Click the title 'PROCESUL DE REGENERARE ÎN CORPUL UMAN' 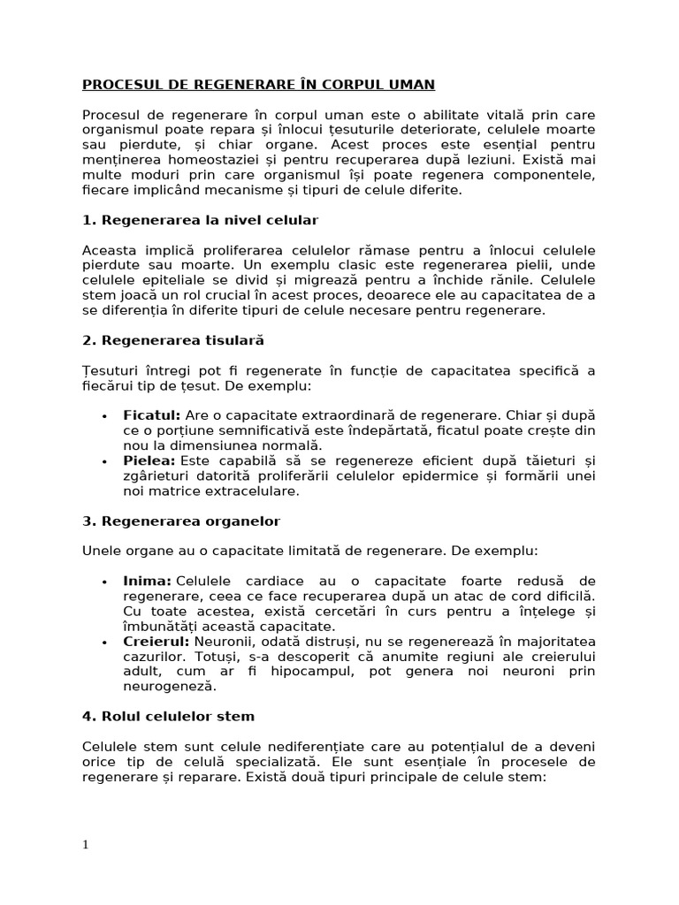pos(258,85)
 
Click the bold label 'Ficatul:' pos(152,414)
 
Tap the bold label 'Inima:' pos(147,581)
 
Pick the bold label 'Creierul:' pos(156,641)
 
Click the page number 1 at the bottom pos(86,844)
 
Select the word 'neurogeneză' pos(169,686)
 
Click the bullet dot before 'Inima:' pos(105,582)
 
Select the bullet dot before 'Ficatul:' pos(105,415)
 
